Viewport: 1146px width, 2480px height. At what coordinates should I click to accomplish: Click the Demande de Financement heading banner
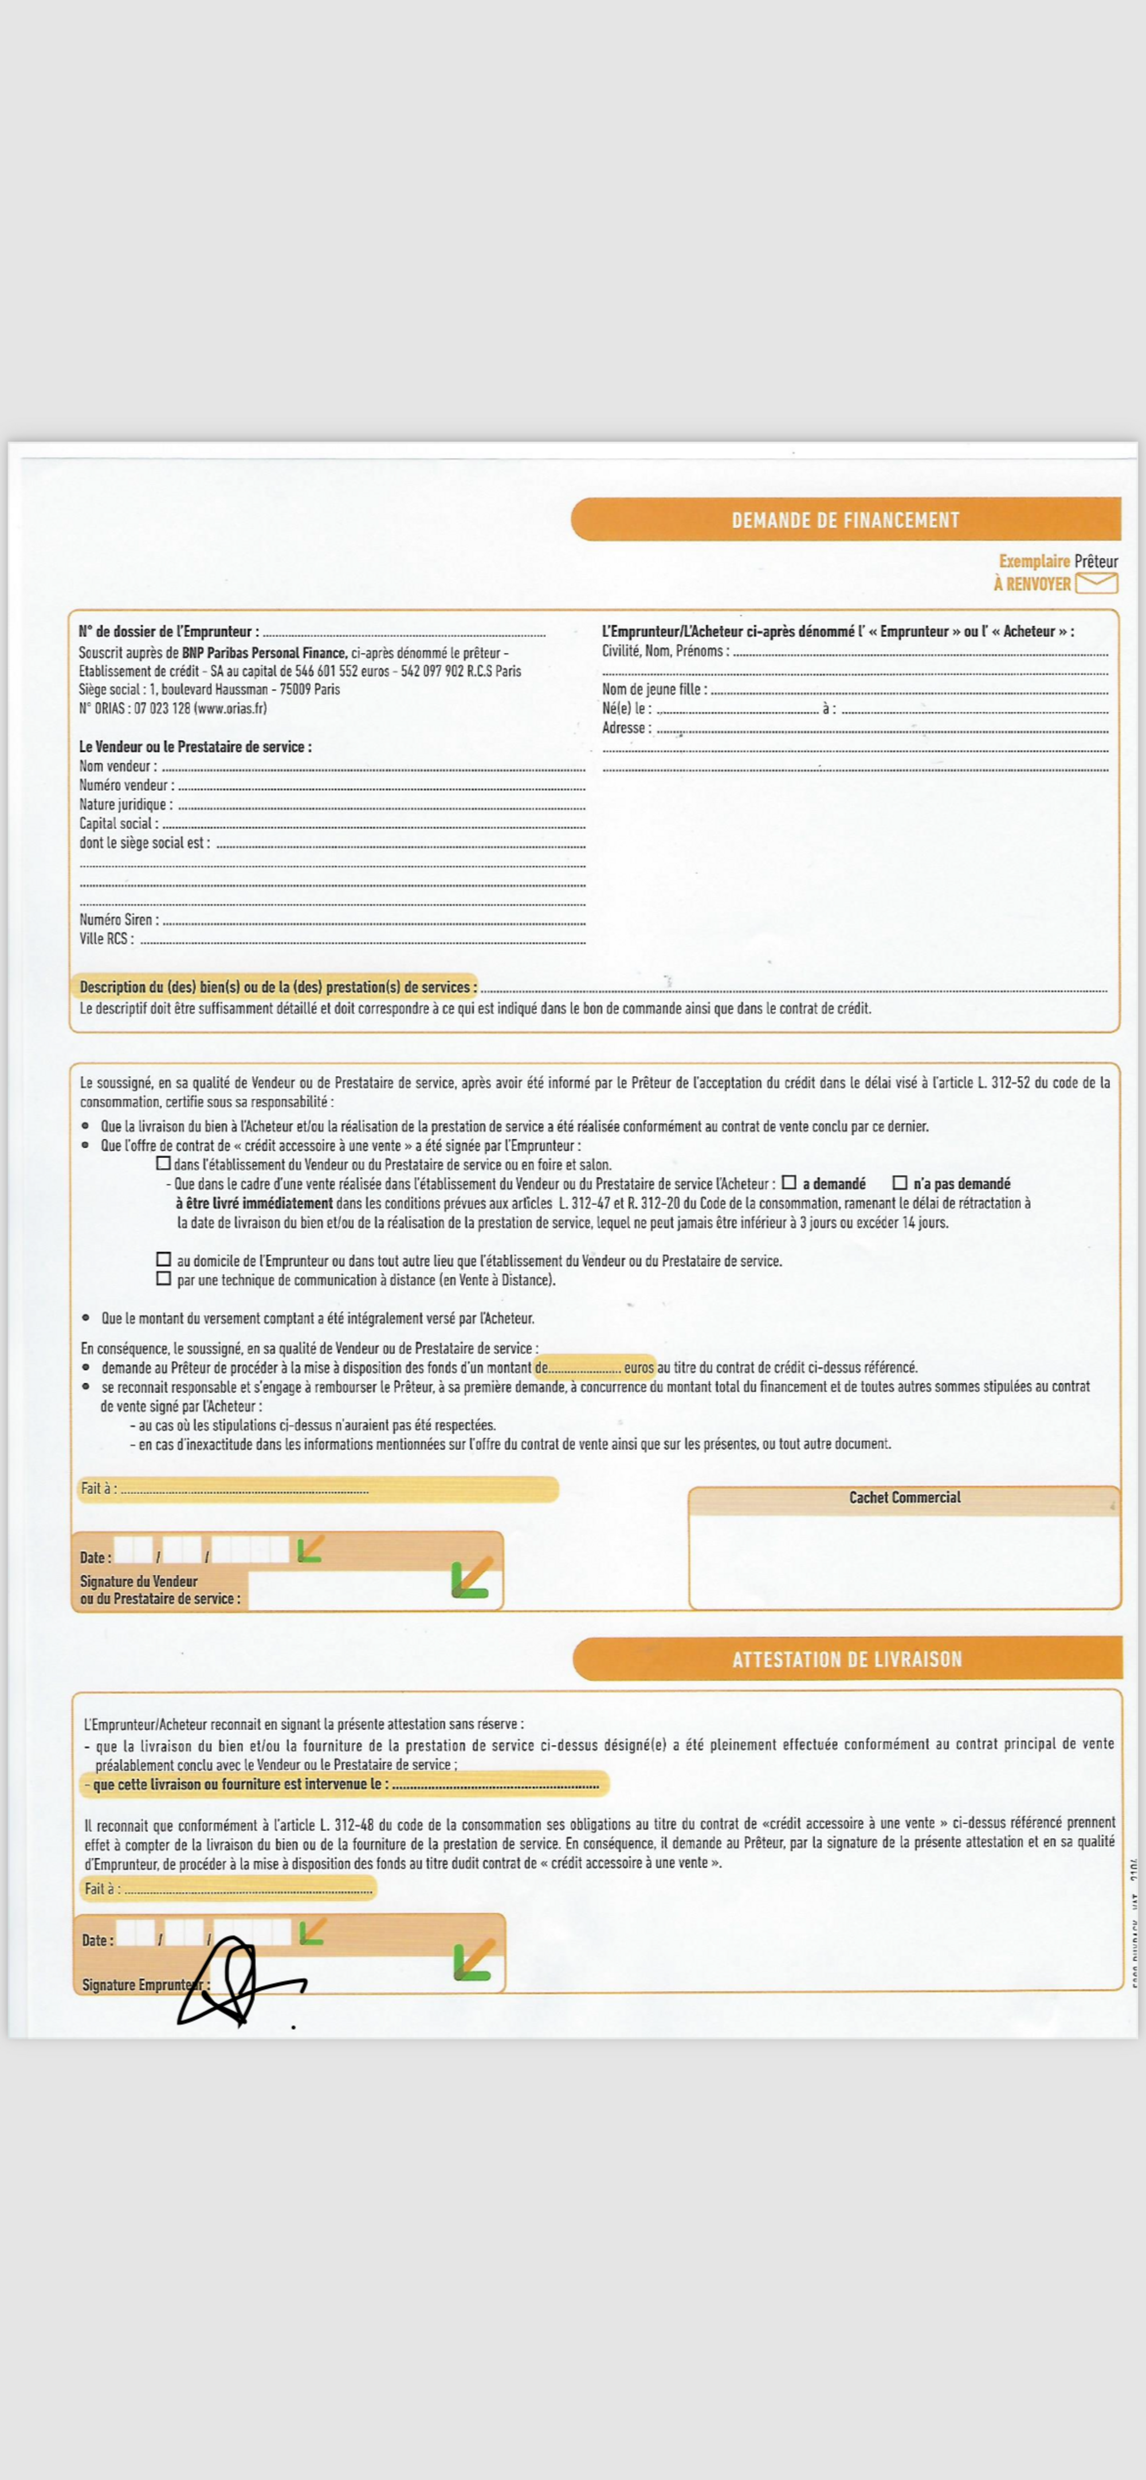pyautogui.click(x=846, y=520)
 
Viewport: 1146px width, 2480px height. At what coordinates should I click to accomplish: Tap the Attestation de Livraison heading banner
pyautogui.click(x=846, y=1659)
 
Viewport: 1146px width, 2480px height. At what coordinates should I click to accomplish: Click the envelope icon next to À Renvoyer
pyautogui.click(x=1096, y=582)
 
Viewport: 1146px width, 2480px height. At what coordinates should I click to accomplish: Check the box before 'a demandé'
pyautogui.click(x=788, y=1182)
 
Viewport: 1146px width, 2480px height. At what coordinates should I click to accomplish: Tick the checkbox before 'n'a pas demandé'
pyautogui.click(x=900, y=1182)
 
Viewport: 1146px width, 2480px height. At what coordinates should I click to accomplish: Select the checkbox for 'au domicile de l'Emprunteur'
pyautogui.click(x=164, y=1259)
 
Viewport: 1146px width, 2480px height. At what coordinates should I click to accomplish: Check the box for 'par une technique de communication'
pyautogui.click(x=164, y=1278)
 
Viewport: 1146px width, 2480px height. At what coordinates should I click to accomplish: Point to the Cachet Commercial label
pyautogui.click(x=904, y=1497)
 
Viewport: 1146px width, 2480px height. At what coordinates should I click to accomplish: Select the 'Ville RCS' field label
pyautogui.click(x=106, y=939)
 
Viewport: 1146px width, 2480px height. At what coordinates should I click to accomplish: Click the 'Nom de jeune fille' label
pyautogui.click(x=654, y=689)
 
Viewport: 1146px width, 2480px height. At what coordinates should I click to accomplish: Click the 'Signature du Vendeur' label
pyautogui.click(x=139, y=1581)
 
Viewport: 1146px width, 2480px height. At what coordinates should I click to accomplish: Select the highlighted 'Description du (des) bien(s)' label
pyautogui.click(x=277, y=987)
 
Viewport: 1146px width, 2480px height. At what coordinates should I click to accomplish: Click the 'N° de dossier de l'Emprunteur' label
pyautogui.click(x=168, y=631)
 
